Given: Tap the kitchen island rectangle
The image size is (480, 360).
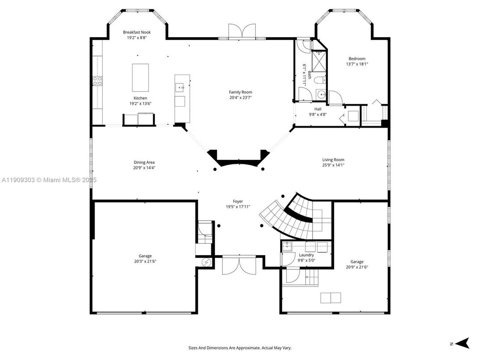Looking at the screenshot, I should click(x=140, y=77).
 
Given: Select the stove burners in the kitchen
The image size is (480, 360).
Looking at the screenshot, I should click(x=97, y=81).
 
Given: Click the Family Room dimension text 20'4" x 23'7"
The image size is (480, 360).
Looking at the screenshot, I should click(x=240, y=98).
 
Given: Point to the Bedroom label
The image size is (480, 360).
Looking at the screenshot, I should click(x=357, y=59).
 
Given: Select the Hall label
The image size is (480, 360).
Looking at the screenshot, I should click(x=318, y=109).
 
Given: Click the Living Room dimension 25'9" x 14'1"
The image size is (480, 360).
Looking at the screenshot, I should click(x=333, y=165).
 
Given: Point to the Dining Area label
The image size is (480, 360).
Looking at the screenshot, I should click(x=144, y=163).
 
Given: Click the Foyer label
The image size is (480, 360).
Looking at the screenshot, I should click(x=238, y=201).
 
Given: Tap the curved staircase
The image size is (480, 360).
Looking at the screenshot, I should click(x=291, y=219).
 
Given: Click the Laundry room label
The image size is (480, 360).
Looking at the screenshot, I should click(x=306, y=255).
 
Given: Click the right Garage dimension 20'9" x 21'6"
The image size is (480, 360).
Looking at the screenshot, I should click(x=357, y=267).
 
